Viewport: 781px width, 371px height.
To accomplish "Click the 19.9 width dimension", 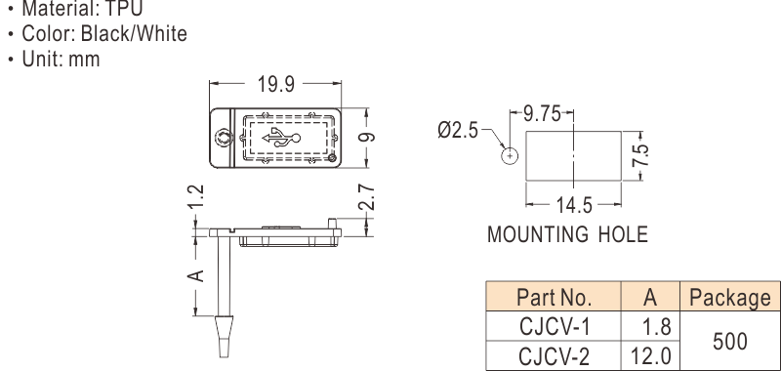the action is tap(276, 84).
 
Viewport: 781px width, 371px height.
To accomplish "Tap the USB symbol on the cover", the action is tap(281, 138).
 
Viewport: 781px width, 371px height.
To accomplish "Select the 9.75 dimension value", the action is tap(542, 114).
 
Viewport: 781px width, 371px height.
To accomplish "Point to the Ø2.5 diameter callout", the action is tap(458, 131).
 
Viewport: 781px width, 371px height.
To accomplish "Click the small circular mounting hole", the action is tap(510, 156).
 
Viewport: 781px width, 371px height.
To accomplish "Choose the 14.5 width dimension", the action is tap(574, 205).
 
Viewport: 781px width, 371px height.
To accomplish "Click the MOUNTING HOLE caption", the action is tap(567, 234).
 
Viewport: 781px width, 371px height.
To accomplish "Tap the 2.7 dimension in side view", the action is tap(367, 197).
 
